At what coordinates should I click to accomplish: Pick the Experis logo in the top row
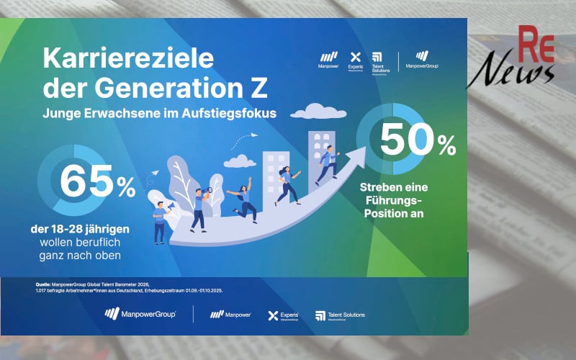[354, 60]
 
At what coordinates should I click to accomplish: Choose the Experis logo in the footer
[282, 315]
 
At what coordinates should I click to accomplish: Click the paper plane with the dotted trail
[253, 135]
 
